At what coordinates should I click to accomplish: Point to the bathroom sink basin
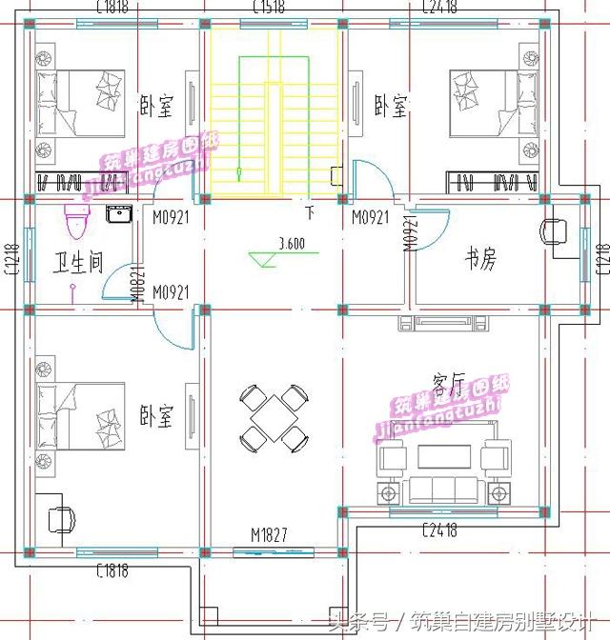[x=119, y=213]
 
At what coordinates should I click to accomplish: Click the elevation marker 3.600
[x=291, y=244]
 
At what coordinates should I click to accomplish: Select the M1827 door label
[x=270, y=534]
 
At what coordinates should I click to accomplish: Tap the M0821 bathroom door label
[x=136, y=285]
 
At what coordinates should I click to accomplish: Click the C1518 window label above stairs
[x=272, y=8]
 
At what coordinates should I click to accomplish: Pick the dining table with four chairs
[x=274, y=417]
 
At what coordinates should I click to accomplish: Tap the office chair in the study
[x=554, y=230]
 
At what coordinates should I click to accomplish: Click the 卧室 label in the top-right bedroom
[x=391, y=106]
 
